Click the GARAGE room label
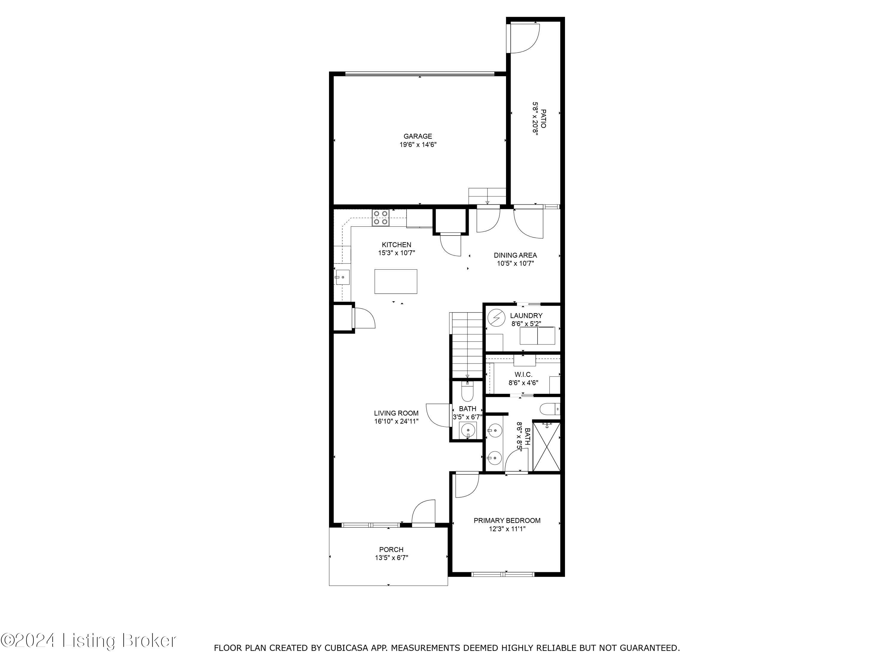tap(417, 136)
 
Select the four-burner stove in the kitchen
tap(381, 218)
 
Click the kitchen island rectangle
tap(396, 282)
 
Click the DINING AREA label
tap(515, 255)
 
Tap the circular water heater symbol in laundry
tap(496, 318)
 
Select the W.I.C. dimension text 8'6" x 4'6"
tap(523, 383)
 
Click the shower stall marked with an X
tap(547, 446)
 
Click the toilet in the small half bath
tap(467, 392)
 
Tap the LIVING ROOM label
tap(396, 413)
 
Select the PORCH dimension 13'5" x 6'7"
tap(391, 558)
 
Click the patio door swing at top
tap(524, 38)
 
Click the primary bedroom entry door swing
tap(466, 485)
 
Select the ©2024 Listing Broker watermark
tap(88, 641)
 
